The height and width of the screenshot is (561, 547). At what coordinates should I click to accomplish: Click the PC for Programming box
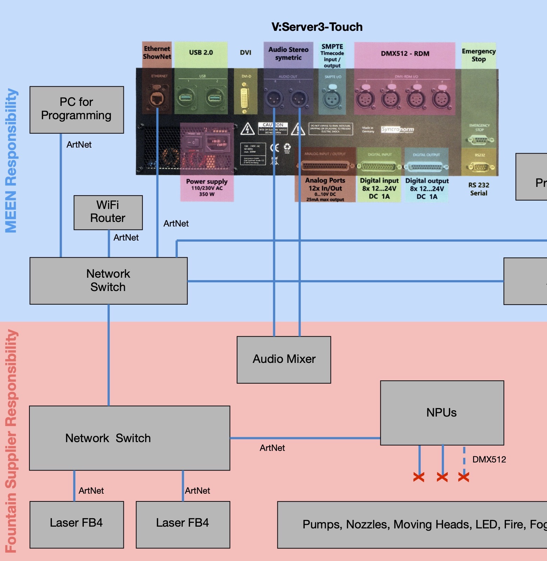point(76,109)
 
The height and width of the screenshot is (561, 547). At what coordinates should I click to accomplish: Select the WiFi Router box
point(108,212)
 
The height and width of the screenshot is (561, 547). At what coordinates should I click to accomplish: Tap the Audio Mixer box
point(284,359)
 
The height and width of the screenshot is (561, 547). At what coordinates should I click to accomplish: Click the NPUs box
point(441,413)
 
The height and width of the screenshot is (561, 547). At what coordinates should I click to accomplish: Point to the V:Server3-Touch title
point(317,27)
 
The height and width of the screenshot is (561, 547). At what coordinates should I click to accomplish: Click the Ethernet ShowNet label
point(157,53)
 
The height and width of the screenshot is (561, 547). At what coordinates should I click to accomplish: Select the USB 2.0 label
point(201,53)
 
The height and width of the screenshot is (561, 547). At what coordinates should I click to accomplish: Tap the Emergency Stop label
point(479,55)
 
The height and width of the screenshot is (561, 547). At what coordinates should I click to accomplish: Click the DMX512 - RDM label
point(405,54)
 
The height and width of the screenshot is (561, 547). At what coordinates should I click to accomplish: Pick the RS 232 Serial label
point(479,189)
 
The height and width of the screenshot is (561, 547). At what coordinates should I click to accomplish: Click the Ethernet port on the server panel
point(157,99)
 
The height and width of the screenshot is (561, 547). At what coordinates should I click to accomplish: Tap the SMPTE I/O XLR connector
point(332,99)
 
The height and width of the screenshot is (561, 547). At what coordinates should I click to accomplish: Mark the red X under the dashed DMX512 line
point(464,477)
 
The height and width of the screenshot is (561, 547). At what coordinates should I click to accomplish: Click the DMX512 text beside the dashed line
point(489,460)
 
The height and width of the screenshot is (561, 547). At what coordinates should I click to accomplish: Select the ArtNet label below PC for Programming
point(79,145)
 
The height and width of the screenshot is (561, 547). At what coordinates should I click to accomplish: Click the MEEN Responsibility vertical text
point(11,160)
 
